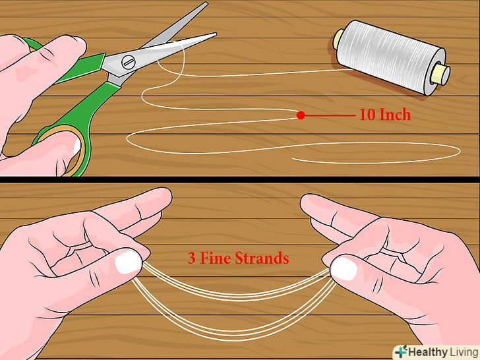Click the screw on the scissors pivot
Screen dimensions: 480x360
point(128,62)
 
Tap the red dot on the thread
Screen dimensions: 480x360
point(301,115)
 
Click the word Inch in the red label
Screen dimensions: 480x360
point(395,115)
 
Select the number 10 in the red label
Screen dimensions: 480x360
point(367,115)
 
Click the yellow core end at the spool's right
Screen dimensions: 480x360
point(440,75)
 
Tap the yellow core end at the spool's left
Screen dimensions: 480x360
point(338,39)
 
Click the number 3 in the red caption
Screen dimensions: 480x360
point(192,258)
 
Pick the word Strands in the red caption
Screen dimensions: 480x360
point(262,258)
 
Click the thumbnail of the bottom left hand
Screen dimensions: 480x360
point(129,262)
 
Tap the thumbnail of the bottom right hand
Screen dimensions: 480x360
point(344,268)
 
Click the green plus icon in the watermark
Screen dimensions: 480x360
point(401,351)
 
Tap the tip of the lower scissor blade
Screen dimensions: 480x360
point(216,34)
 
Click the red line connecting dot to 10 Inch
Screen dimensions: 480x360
point(330,115)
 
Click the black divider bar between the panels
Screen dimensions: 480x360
point(240,180)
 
